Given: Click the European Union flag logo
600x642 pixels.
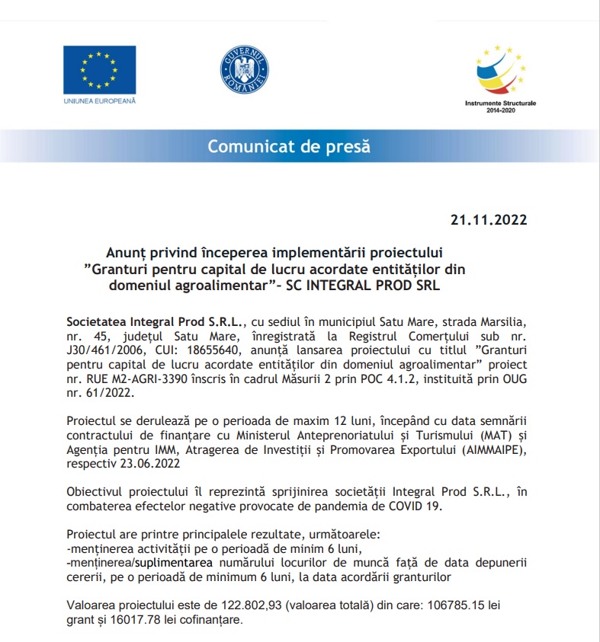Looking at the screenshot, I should (99, 70).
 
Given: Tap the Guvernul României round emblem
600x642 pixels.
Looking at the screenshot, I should (245, 68).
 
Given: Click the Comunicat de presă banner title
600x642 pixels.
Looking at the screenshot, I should (289, 146).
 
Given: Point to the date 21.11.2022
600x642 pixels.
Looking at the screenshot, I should (488, 221).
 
